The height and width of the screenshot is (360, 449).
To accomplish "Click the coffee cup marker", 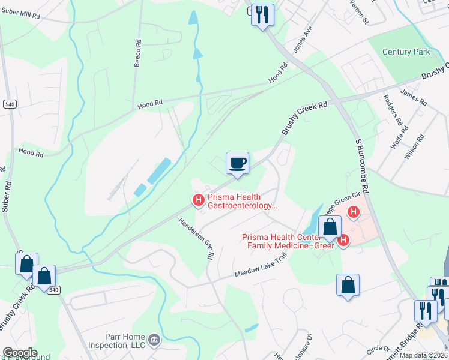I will tap(237, 163).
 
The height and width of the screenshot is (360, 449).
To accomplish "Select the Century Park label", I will tap(406, 52).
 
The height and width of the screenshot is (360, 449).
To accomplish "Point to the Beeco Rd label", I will tap(137, 54).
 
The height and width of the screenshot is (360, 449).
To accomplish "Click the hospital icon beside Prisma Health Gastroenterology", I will tap(197, 200).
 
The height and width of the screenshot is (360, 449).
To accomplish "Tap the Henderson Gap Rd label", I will tap(197, 238).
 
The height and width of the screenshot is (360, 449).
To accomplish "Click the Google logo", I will tap(20, 353).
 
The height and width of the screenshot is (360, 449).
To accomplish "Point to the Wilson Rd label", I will tap(414, 146).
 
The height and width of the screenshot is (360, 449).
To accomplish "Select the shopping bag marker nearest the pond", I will tap(330, 227).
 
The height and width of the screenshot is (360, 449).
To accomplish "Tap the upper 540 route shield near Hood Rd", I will tap(9, 104).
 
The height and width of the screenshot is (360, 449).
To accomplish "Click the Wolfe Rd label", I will tap(397, 140).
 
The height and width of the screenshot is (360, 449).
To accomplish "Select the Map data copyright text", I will tap(422, 355).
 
